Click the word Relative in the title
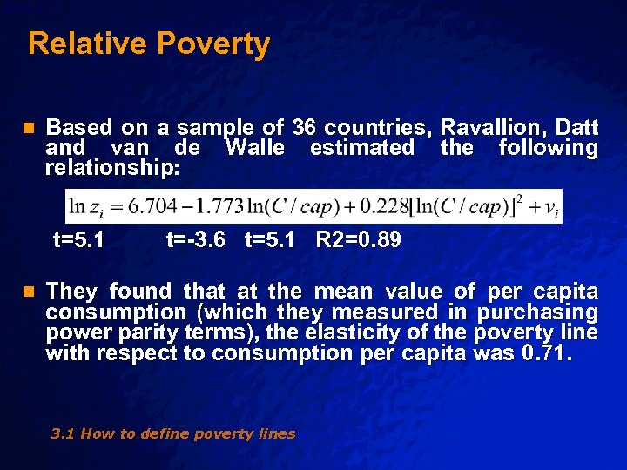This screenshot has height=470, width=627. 79,44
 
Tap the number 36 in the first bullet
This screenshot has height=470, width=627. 304,128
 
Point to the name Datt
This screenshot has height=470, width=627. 576,128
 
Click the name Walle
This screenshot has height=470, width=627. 254,148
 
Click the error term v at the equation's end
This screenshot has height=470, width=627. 550,207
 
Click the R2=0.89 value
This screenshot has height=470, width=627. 358,239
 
